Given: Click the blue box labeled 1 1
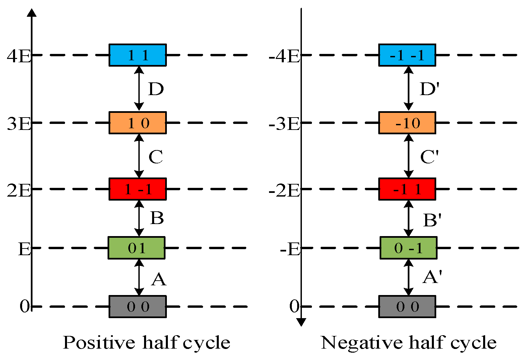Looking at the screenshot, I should [138, 55].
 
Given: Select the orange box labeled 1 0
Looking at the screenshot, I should [138, 123].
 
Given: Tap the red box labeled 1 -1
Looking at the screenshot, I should [138, 189].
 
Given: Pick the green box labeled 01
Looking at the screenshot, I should [136, 248].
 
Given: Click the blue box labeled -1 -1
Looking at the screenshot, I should [407, 55].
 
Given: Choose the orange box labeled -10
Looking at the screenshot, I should [407, 123].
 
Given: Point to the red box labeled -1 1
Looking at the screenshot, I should [407, 189].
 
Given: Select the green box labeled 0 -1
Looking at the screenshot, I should [408, 248].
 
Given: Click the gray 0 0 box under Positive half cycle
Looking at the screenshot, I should [138, 306].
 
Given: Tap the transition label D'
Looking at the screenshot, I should [429, 89].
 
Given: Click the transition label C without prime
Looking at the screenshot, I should [156, 156].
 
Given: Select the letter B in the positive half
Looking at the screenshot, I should [157, 218].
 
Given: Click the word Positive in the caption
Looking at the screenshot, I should [99, 343].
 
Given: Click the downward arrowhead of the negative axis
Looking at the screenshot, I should [301, 322].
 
